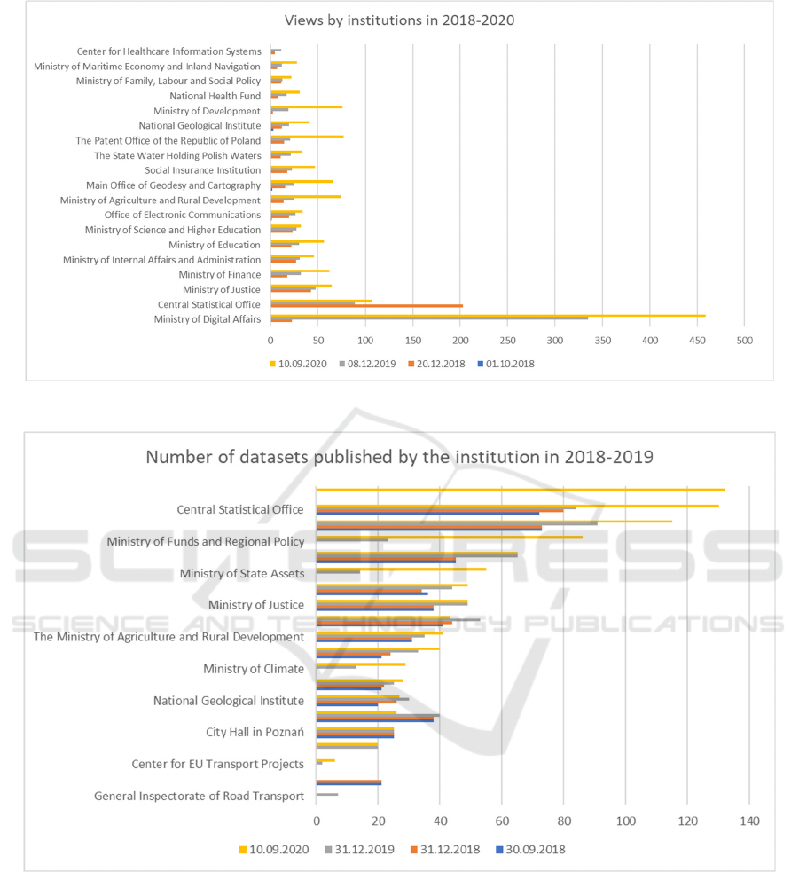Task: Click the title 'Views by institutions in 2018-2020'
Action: (398, 20)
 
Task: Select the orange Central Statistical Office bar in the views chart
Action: (366, 306)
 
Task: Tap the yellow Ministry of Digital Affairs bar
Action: (488, 315)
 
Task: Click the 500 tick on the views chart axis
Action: (744, 340)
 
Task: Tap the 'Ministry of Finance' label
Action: (219, 275)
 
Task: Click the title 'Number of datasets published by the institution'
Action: (399, 458)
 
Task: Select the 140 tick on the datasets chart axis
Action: (749, 821)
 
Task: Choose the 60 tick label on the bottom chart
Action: (502, 821)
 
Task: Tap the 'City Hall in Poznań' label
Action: (255, 733)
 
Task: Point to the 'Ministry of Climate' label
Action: (254, 669)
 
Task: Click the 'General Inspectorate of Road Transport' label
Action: (200, 797)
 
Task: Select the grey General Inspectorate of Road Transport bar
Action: (327, 794)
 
